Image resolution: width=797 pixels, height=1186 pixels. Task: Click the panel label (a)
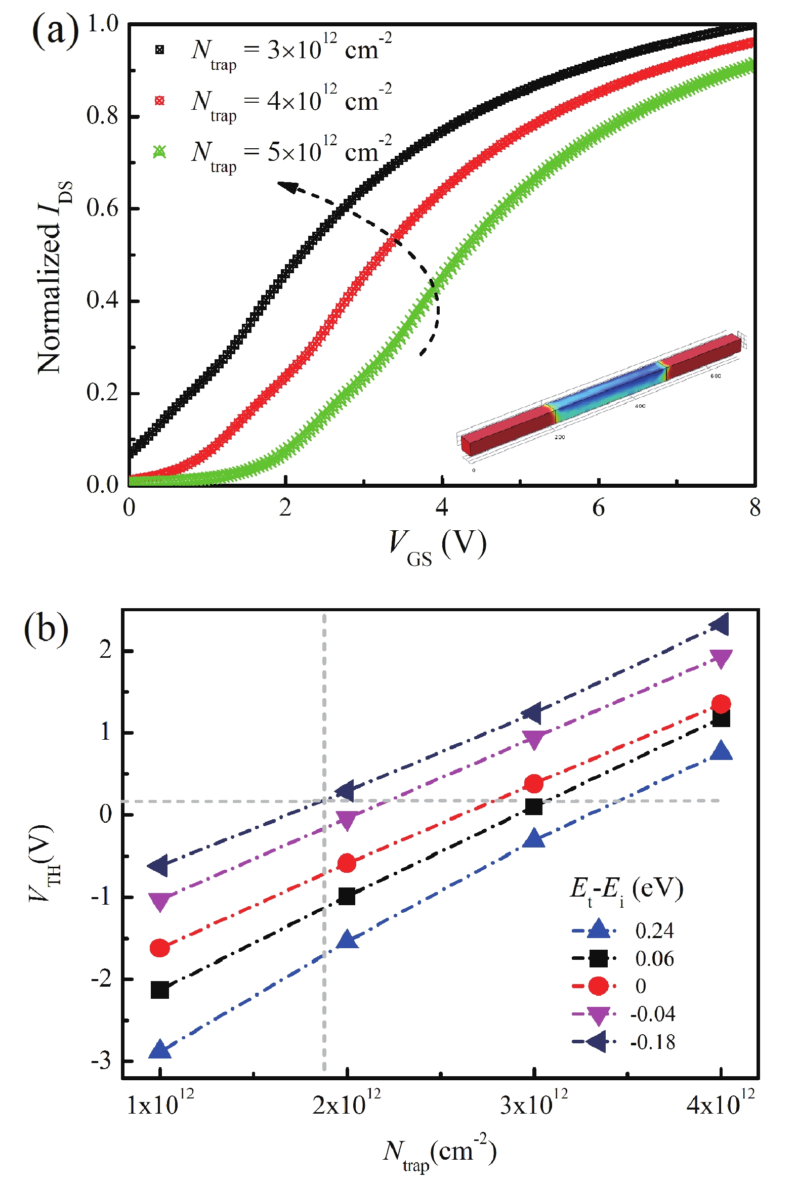(55, 31)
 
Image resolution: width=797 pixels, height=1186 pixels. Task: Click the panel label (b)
(46, 629)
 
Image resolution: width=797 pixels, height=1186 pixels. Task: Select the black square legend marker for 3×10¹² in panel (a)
(159, 50)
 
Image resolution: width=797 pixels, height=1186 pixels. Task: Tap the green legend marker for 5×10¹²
(159, 151)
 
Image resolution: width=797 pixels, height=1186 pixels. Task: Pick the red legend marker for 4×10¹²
(159, 101)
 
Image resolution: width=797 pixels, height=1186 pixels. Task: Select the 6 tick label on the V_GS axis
(598, 507)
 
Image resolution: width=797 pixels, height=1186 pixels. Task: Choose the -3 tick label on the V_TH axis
(101, 1061)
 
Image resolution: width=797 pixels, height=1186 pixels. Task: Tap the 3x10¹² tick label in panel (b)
(534, 1104)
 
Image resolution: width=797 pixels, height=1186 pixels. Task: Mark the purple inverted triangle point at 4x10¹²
(721, 659)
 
